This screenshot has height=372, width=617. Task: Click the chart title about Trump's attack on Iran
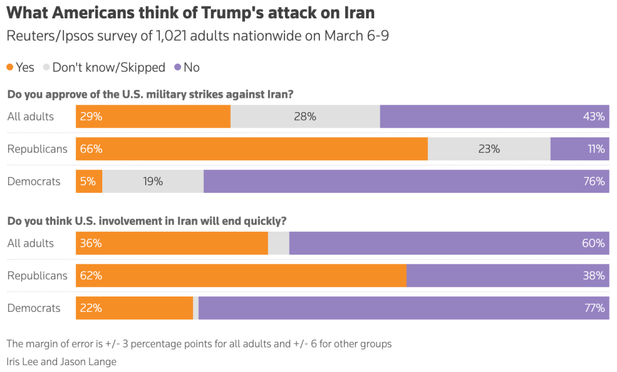[191, 13]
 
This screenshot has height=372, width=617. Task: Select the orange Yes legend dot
[10, 68]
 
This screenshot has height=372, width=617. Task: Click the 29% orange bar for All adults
[153, 116]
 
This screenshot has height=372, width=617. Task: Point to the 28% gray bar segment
[305, 116]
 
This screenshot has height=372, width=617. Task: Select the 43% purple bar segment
[494, 116]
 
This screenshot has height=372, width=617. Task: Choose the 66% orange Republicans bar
[251, 149]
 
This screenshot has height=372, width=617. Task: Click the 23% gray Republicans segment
[489, 149]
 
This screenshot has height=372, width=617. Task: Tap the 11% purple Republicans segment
[579, 149]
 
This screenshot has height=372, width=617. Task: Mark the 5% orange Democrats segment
[89, 181]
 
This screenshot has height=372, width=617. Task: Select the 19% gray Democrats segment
[153, 181]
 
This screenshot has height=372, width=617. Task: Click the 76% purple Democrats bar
[406, 181]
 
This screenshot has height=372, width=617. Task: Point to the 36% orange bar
[172, 243]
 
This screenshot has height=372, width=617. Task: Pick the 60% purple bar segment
[449, 243]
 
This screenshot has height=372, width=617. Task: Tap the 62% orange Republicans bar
[241, 275]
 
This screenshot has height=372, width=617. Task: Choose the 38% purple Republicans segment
[507, 275]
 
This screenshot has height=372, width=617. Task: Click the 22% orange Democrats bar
[134, 308]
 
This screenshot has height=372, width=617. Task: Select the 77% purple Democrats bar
[403, 308]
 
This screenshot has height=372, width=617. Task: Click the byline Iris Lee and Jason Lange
[62, 362]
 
